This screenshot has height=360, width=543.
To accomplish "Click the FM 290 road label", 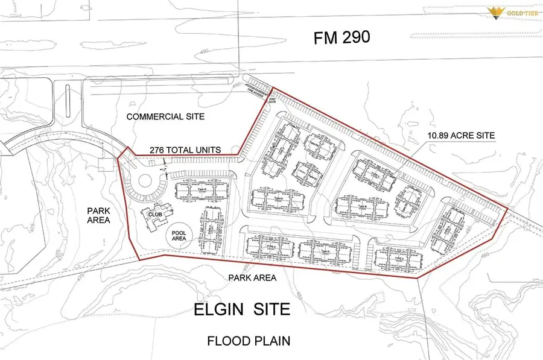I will coord(341,37).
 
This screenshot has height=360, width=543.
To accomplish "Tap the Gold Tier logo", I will coord(509,13).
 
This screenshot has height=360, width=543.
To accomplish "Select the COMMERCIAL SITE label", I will coord(166,116).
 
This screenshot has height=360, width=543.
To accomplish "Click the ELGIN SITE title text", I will coord(242,310).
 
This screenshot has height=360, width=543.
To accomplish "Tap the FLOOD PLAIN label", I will coord(249,341).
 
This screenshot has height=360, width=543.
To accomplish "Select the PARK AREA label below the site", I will coord(252,278).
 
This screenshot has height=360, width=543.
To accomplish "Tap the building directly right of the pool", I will coord(210,229).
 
